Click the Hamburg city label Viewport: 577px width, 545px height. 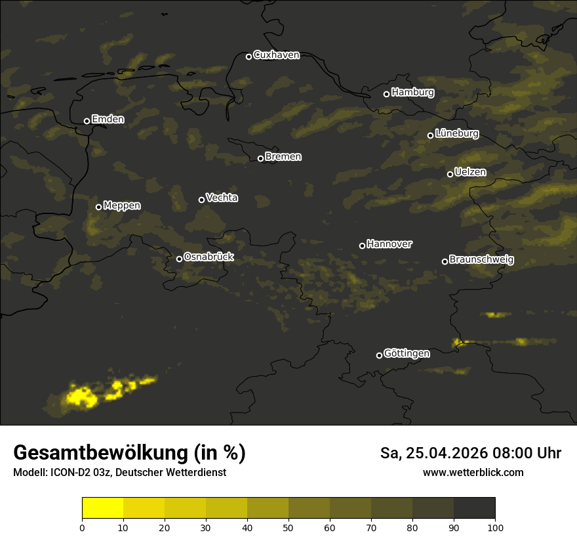click(x=412, y=93)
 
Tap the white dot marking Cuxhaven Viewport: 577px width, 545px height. click(x=249, y=56)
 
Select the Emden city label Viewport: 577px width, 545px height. click(x=108, y=120)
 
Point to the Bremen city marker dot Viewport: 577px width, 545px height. click(x=260, y=158)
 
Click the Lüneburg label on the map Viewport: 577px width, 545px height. click(x=456, y=134)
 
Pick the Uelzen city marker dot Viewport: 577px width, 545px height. click(x=450, y=174)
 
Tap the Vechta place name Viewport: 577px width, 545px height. click(x=222, y=198)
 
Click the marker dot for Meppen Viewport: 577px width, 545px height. click(x=98, y=207)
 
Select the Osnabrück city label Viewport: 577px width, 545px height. click(x=209, y=257)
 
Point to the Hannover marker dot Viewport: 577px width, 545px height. click(x=362, y=246)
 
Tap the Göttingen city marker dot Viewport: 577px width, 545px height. click(x=379, y=355)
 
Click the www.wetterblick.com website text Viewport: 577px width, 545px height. click(x=473, y=472)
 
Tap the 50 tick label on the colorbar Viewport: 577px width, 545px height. click(x=288, y=527)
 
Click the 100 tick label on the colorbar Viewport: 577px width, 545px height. click(x=495, y=527)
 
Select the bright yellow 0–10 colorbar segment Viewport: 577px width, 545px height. click(x=103, y=508)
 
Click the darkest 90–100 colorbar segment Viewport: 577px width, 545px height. click(x=474, y=508)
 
